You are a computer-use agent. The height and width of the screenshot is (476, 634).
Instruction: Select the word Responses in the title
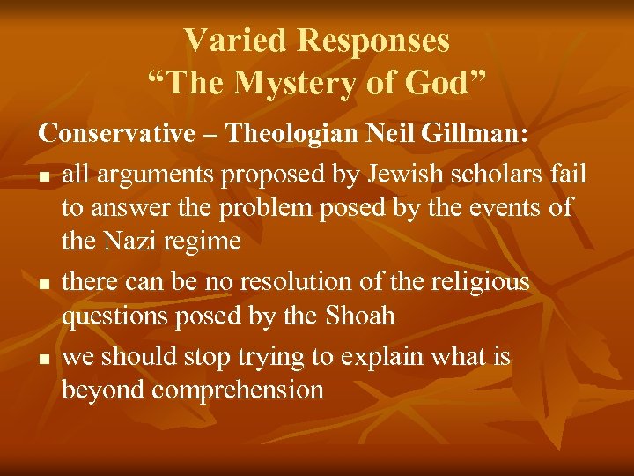tap(373, 41)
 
